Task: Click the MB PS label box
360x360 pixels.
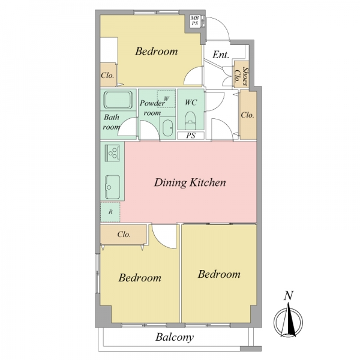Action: tap(195, 20)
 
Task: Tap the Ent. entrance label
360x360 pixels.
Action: tap(221, 55)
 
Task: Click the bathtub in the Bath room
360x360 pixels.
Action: tap(118, 100)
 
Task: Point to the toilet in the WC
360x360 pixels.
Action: tap(190, 120)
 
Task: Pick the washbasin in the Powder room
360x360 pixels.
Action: tap(167, 128)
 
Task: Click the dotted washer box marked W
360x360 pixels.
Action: tap(166, 99)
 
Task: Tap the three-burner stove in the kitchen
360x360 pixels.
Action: tap(112, 152)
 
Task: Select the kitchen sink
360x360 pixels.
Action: tap(113, 187)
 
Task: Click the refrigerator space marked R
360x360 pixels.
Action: tap(110, 212)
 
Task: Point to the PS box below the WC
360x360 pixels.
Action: tap(191, 136)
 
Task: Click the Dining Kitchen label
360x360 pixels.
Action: tap(190, 182)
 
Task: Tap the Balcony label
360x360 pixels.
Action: tap(175, 337)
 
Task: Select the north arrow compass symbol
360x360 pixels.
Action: tap(288, 322)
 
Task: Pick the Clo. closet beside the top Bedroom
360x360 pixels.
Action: tap(108, 74)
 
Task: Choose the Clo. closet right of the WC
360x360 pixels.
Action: tap(248, 115)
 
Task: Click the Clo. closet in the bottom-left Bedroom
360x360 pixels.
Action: tap(124, 234)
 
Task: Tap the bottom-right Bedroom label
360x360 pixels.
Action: tap(219, 274)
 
